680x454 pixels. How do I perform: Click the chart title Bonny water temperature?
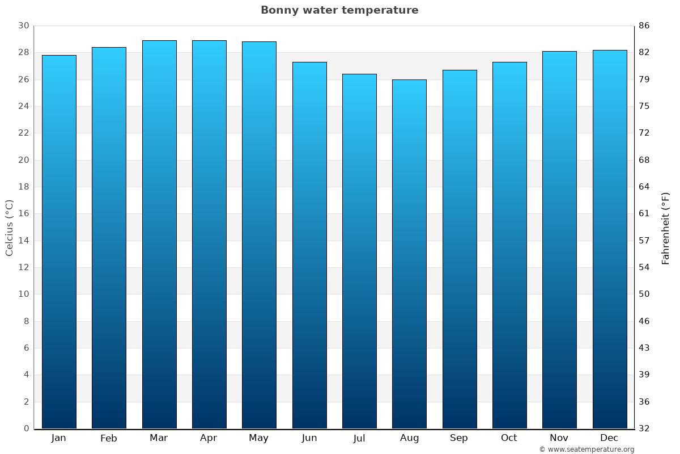click(x=339, y=10)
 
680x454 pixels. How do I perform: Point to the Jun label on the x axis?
click(x=309, y=438)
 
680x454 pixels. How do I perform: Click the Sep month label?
click(x=459, y=438)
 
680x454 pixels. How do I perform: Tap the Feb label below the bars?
click(x=109, y=438)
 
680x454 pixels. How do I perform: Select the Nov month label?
click(x=559, y=438)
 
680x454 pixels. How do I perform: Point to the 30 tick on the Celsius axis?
click(x=23, y=26)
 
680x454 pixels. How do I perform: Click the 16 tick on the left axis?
click(x=23, y=214)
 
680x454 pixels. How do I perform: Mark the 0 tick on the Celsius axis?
click(x=26, y=428)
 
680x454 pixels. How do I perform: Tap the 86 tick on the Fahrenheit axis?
click(x=644, y=26)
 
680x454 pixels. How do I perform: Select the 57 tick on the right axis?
click(x=644, y=241)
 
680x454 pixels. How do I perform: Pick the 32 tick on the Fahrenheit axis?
click(x=644, y=428)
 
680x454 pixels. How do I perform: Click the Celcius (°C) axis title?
click(x=10, y=228)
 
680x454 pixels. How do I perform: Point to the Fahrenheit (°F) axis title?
click(x=666, y=228)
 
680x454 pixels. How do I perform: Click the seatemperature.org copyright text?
click(x=586, y=449)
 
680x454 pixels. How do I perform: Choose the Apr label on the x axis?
click(x=209, y=438)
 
